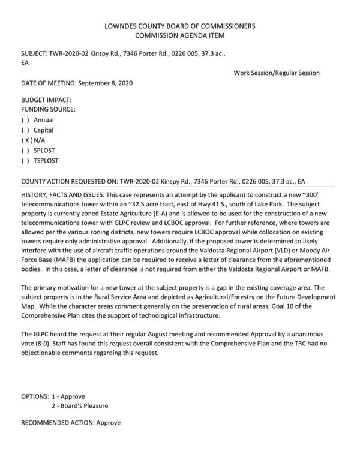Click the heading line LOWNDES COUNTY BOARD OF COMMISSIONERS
tap(180, 26)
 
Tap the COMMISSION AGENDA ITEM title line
tap(180, 36)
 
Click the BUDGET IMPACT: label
tap(46, 100)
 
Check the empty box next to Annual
tap(25, 120)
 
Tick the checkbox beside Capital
tap(25, 130)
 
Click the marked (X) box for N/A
tap(26, 140)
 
